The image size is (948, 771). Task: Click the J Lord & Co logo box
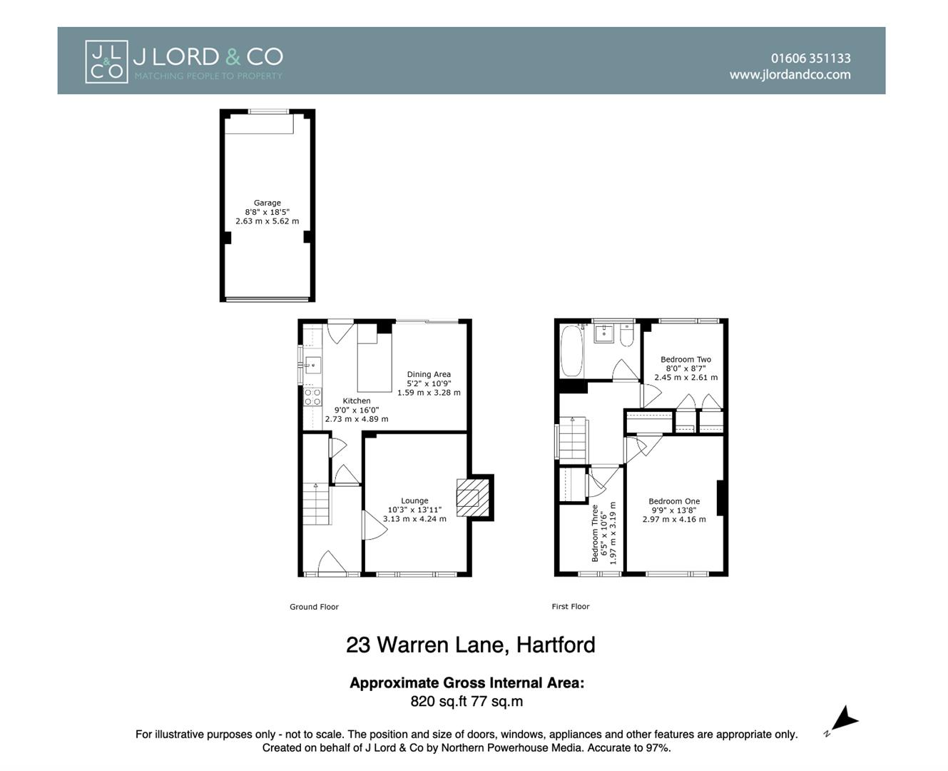[106, 61]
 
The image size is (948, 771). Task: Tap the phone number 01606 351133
[810, 59]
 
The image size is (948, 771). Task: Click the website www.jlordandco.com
[790, 74]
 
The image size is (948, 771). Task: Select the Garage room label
[267, 203]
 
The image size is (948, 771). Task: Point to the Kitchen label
[357, 401]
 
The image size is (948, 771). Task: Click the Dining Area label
[429, 374]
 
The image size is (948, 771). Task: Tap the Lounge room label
[414, 501]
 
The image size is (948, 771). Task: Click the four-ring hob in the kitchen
[312, 397]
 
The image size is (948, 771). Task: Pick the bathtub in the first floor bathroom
[571, 351]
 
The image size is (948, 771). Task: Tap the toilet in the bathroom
[626, 335]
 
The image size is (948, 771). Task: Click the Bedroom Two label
[685, 360]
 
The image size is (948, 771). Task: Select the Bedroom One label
[674, 501]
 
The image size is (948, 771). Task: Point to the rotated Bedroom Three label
[596, 533]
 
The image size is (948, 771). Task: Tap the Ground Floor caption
[314, 607]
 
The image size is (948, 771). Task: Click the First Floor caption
[571, 607]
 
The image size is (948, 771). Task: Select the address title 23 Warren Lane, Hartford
[471, 645]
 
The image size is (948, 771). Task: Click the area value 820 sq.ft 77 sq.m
[467, 702]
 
